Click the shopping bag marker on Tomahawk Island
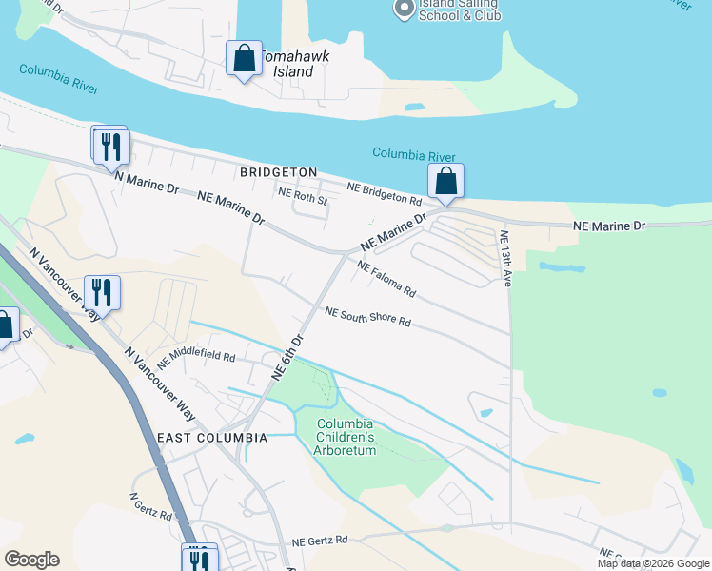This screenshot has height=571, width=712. pos(245,58)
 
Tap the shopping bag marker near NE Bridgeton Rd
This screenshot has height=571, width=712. pos(445,180)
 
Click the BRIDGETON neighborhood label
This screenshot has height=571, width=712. pos(278,172)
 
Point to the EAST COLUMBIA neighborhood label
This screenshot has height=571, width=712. pos(211,437)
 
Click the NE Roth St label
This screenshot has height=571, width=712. pos(303,201)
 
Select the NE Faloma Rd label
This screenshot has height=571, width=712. pos(386,277)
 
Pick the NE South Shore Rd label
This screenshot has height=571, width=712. pos(367,317)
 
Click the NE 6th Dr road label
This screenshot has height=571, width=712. pos(287,357)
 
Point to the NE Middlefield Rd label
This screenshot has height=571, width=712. pos(196,358)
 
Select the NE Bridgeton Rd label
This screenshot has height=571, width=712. pos(384,194)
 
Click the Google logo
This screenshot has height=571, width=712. pos(31,560)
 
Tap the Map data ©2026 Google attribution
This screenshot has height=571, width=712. pos(652,563)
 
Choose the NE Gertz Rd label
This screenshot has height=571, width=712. pos(321,540)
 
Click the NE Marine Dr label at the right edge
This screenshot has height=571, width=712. pos(609,226)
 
